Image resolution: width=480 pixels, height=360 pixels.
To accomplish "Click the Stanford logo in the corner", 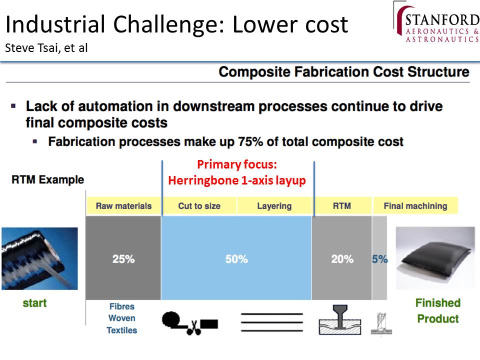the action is click(x=436, y=22).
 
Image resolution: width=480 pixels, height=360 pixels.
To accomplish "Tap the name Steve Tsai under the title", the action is click(x=32, y=48).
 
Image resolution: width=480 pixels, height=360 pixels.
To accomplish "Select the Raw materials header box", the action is click(x=123, y=205).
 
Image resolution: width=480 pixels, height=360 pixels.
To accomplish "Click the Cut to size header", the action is click(x=199, y=205).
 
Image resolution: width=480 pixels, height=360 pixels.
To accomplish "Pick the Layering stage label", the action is click(x=274, y=205).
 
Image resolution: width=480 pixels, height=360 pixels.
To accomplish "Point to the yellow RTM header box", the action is click(x=342, y=205).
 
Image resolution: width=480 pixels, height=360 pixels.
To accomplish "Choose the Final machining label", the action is click(x=415, y=205).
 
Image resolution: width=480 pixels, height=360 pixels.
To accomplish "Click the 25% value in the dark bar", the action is click(x=123, y=259).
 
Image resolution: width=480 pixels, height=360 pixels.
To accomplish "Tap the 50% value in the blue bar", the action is click(x=236, y=259).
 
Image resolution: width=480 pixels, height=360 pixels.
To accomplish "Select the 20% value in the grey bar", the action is click(x=342, y=259).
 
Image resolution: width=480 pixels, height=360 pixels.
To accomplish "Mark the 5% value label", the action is click(x=379, y=259).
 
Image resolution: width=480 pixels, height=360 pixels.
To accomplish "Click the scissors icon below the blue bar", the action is click(x=194, y=327).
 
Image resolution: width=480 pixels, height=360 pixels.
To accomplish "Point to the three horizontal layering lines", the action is click(x=272, y=322).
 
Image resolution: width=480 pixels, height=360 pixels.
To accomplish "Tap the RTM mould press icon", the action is click(x=340, y=319).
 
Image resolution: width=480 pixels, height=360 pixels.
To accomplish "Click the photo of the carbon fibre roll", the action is click(x=39, y=258).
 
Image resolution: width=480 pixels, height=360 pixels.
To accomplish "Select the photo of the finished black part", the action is click(x=435, y=258).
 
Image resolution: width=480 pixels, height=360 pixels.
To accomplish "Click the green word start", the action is click(x=34, y=303).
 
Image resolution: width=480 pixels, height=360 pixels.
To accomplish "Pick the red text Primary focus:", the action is click(x=237, y=164).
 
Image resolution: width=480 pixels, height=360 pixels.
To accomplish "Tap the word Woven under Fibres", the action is click(x=122, y=318).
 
